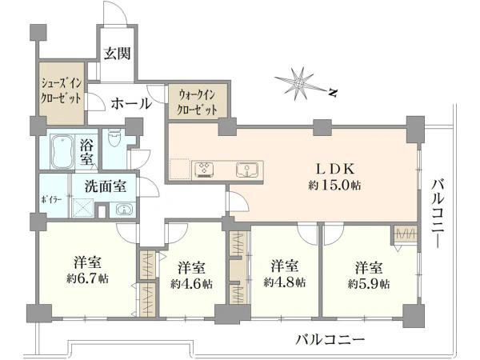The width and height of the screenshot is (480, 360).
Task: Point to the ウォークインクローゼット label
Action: tap(197, 102)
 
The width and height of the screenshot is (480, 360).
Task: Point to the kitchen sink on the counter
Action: tap(245, 170)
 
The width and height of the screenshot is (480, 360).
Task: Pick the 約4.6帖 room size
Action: tap(191, 284)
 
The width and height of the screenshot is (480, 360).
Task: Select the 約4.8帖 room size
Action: tap(284, 282)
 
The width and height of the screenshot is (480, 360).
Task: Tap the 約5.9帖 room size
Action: tap(368, 284)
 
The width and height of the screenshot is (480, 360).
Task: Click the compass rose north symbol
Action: tap(302, 82)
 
